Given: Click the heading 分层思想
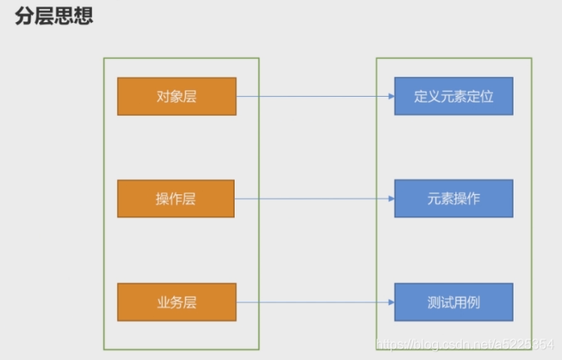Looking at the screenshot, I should click(x=53, y=16).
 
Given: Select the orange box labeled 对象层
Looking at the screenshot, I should click(x=176, y=96).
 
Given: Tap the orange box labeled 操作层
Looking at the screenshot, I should click(x=176, y=198).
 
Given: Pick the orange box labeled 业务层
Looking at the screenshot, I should click(x=176, y=302).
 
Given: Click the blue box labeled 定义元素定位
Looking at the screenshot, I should click(x=454, y=96).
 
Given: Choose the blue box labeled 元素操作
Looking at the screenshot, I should click(x=454, y=198).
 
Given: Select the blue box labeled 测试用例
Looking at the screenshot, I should click(x=454, y=302).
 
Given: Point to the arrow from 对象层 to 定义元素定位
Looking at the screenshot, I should click(x=312, y=96).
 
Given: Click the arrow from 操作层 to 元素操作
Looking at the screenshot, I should click(x=312, y=198).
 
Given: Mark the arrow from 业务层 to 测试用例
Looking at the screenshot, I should click(x=312, y=302).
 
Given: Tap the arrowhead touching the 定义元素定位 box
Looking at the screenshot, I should click(x=391, y=96).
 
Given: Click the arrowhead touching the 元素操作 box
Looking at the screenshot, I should click(x=391, y=198).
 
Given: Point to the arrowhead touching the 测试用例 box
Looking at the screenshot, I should click(x=391, y=302).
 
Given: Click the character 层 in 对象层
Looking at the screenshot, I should click(x=190, y=96).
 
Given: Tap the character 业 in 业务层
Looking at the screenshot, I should click(x=162, y=302).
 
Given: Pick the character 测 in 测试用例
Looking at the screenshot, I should click(x=434, y=302).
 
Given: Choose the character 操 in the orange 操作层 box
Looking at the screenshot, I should click(x=162, y=198).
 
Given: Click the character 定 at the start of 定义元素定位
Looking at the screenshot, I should click(x=421, y=96).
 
